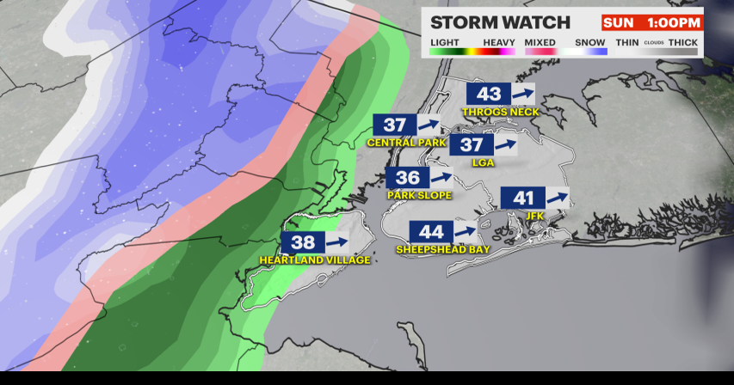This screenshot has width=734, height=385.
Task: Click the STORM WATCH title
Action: point(500,22)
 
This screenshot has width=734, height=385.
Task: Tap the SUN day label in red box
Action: point(618,22)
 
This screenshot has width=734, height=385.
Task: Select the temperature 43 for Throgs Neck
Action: point(489,95)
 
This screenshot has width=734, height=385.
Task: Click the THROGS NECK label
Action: point(500,112)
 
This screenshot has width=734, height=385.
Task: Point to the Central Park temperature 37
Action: point(394,125)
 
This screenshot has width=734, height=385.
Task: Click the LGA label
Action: point(483,162)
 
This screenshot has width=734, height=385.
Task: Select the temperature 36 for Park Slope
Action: point(408,178)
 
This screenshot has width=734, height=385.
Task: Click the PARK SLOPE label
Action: point(419,195)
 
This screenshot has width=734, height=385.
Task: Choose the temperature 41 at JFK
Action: point(523,199)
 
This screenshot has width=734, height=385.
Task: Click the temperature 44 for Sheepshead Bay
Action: point(431,232)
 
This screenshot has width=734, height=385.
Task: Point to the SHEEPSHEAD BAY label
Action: point(442,249)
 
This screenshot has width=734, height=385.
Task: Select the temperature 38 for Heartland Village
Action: point(303,243)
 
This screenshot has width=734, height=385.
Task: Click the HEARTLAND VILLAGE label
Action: point(314,260)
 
